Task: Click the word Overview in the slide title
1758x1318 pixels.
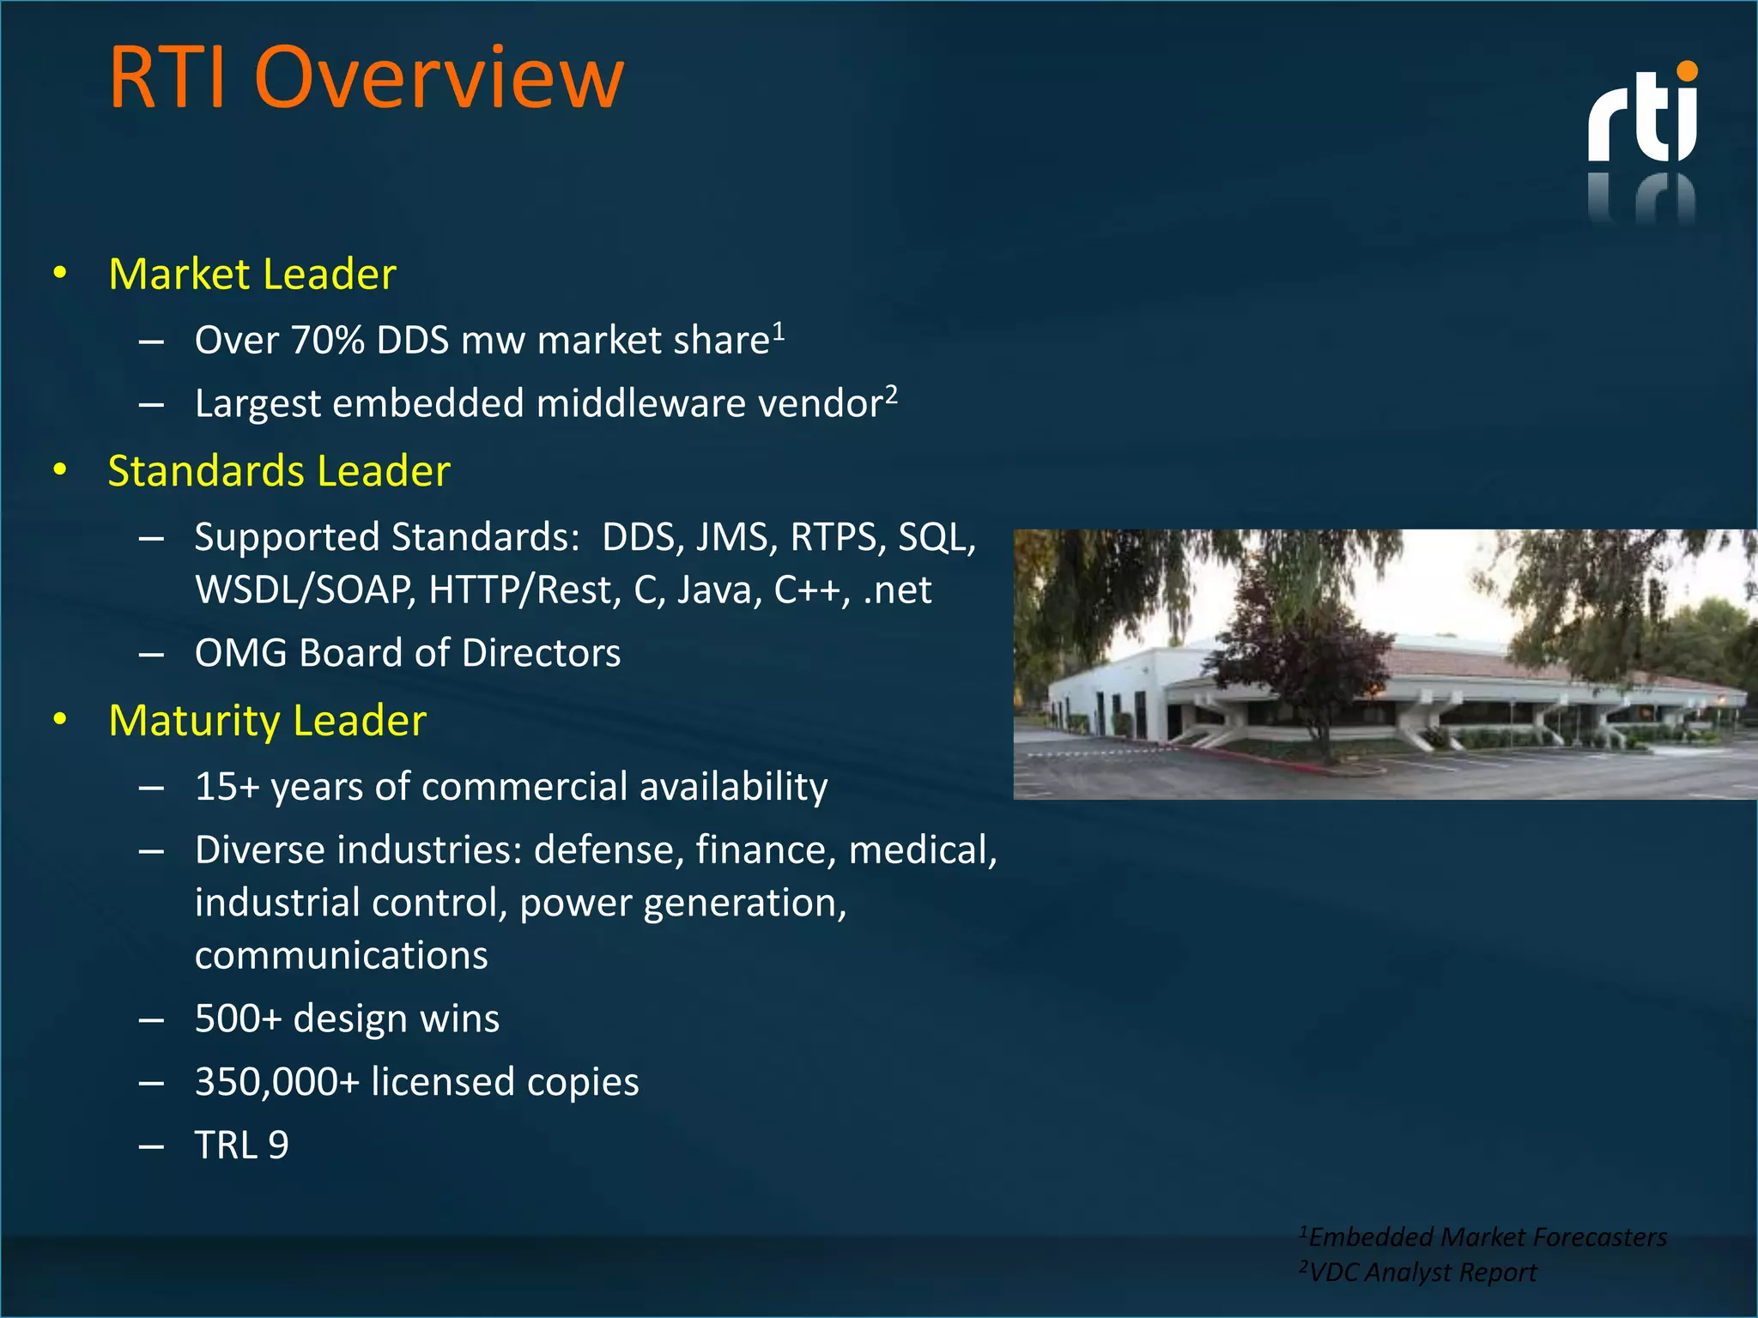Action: click(439, 78)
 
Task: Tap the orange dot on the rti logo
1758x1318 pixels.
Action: click(1687, 71)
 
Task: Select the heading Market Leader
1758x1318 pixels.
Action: click(252, 275)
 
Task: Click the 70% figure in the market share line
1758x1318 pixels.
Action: click(328, 341)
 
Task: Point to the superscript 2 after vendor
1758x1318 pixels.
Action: click(892, 393)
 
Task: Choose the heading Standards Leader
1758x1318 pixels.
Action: click(279, 471)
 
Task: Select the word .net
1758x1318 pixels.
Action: click(897, 590)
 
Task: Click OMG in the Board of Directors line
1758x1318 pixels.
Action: click(240, 653)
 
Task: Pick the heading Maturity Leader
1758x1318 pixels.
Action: click(267, 721)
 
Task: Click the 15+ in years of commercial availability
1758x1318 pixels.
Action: click(227, 787)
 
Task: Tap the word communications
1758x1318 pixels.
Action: click(341, 956)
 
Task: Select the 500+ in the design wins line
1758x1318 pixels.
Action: click(238, 1019)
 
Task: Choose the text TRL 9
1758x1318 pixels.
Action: click(241, 1146)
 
